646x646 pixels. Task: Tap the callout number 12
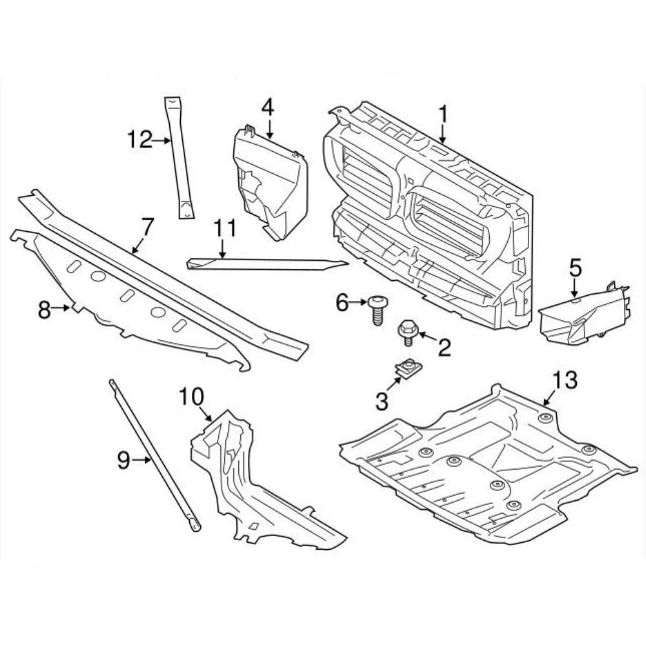(139, 139)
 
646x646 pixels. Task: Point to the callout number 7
(147, 227)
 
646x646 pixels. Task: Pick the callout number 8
(44, 310)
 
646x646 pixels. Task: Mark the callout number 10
(191, 397)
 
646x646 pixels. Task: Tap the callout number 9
(124, 460)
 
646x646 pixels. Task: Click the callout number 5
(575, 267)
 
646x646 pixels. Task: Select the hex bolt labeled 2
(407, 331)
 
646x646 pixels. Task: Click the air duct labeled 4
(270, 184)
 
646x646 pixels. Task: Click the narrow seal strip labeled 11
(265, 264)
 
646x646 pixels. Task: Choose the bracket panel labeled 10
(252, 484)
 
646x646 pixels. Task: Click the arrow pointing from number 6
(359, 302)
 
